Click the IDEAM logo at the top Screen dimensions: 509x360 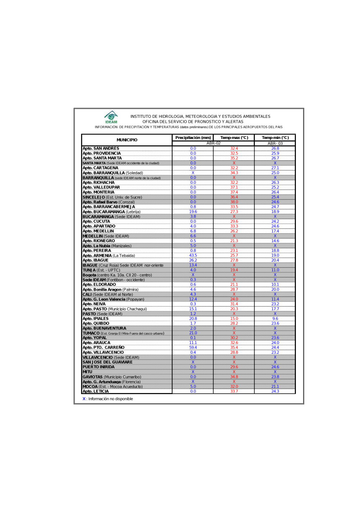click(x=111, y=117)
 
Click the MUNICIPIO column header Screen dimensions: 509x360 click(x=127, y=140)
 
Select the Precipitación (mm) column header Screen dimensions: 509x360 click(x=193, y=138)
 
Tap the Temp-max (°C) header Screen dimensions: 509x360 click(x=234, y=138)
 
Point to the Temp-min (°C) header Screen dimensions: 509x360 click(x=275, y=138)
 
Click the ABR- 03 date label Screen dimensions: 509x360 click(x=275, y=143)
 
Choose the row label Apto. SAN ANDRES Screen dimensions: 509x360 click(x=101, y=148)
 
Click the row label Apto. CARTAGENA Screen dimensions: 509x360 click(x=100, y=168)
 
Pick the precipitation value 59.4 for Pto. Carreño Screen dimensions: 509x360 click(x=193, y=348)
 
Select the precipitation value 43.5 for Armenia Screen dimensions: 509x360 click(x=193, y=255)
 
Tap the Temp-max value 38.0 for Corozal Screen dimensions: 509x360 click(x=234, y=202)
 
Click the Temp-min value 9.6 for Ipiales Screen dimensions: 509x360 click(x=275, y=318)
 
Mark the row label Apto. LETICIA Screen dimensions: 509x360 click(x=96, y=391)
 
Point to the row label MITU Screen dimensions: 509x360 click(x=87, y=372)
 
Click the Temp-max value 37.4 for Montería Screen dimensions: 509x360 click(x=234, y=192)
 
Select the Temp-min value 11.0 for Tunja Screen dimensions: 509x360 click(x=275, y=270)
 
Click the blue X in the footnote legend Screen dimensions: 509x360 click(x=84, y=399)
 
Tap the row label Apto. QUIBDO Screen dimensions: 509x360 click(x=96, y=323)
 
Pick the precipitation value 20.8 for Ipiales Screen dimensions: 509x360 click(x=193, y=318)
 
